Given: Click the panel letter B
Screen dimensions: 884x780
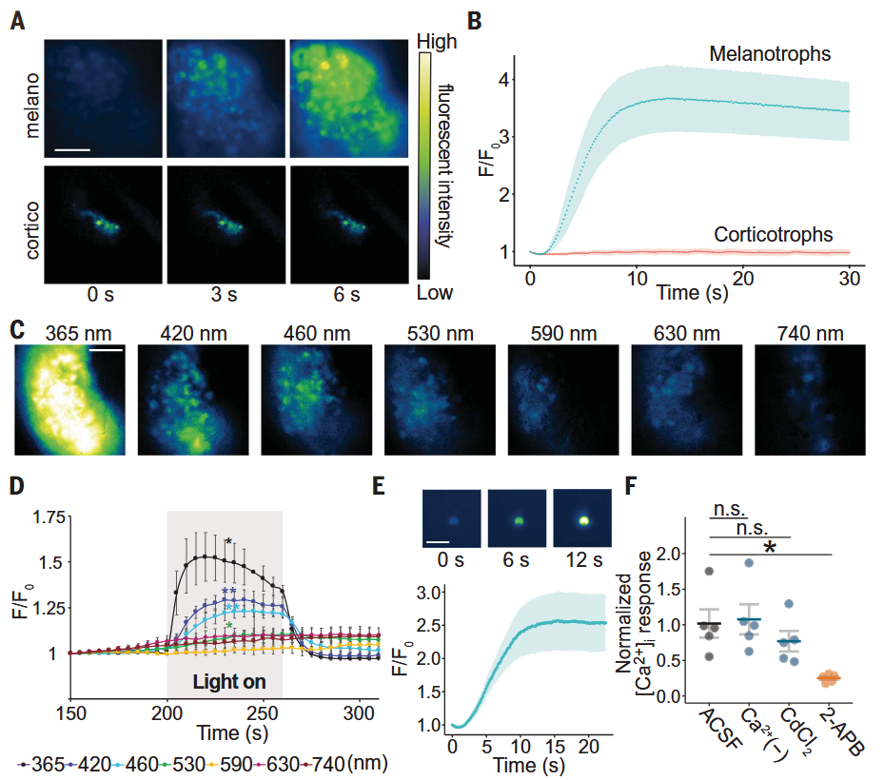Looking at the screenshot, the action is click(x=475, y=21).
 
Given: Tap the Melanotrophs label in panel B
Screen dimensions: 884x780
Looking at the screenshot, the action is click(x=770, y=53).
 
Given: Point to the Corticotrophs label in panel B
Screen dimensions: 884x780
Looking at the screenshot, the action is click(x=773, y=234).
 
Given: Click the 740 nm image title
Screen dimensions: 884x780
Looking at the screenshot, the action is click(x=810, y=334).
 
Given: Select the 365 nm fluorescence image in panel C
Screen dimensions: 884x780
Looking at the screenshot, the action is click(x=69, y=400).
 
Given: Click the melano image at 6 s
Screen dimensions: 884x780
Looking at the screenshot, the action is click(x=349, y=99).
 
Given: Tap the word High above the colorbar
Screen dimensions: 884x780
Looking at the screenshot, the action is click(x=436, y=42).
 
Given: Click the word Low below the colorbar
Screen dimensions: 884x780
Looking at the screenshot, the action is click(x=434, y=293).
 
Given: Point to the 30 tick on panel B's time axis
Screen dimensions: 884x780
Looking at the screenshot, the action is click(x=849, y=279).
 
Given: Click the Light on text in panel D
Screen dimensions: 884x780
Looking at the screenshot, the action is click(x=229, y=682).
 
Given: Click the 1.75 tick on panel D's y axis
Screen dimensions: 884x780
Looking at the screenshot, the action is click(x=49, y=517).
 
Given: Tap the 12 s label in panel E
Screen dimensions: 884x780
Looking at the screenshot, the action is click(x=584, y=560).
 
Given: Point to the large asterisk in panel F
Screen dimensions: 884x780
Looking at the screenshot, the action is click(x=770, y=547).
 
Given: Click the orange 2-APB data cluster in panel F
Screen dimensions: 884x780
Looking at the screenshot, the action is click(x=829, y=678).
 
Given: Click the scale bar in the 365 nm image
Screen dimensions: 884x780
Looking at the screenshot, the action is click(x=106, y=350).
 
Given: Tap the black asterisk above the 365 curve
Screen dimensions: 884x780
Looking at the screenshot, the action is click(x=228, y=542).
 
